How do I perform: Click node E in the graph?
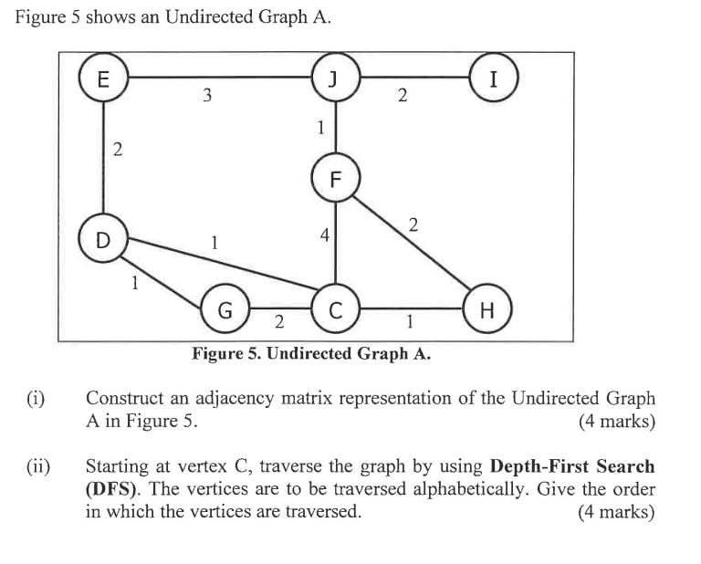pyautogui.click(x=103, y=78)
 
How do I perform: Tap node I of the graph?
pyautogui.click(x=494, y=78)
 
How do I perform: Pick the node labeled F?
pyautogui.click(x=334, y=179)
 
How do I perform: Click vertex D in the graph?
pyautogui.click(x=103, y=240)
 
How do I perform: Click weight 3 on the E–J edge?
pyautogui.click(x=207, y=96)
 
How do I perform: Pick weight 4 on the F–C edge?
pyautogui.click(x=324, y=235)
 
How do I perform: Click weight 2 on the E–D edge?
pyautogui.click(x=117, y=151)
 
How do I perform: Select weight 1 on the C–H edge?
pyautogui.click(x=410, y=321)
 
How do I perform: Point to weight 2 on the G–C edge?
pyautogui.click(x=278, y=322)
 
